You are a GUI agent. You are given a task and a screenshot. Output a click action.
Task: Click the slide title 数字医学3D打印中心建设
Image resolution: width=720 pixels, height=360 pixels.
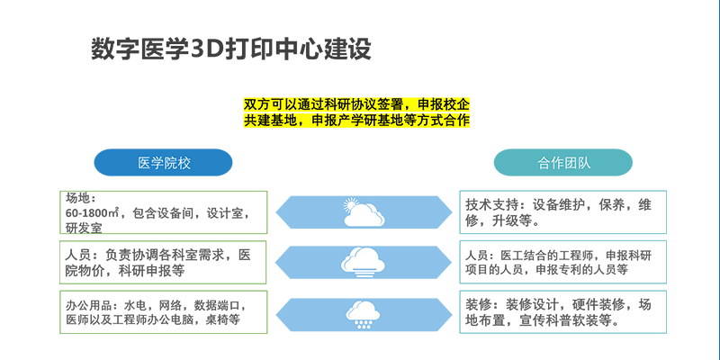(x=231, y=49)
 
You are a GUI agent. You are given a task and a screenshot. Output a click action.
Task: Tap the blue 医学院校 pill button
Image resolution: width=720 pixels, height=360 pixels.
(x=164, y=163)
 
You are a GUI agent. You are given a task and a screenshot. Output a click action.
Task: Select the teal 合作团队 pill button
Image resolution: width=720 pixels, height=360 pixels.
(x=563, y=163)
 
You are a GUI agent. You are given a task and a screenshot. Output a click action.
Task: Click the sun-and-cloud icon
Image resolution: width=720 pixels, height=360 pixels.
(x=364, y=212)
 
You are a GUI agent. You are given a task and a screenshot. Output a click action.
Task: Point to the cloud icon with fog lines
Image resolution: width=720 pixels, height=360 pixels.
(x=364, y=262)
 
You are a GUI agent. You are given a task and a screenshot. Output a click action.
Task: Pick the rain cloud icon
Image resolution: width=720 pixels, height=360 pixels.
(x=364, y=314)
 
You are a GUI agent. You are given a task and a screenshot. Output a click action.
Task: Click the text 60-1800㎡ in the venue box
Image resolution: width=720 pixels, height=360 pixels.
(x=93, y=213)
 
